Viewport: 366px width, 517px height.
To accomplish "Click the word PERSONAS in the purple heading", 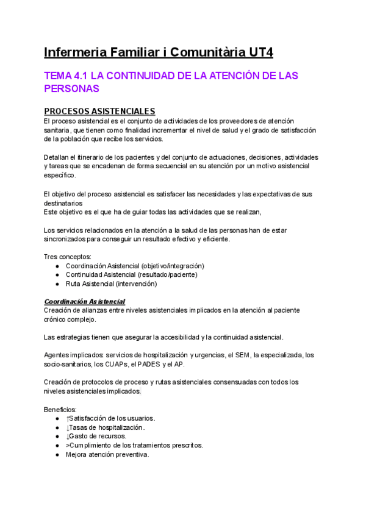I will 72,88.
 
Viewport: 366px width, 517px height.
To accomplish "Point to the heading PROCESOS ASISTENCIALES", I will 99,111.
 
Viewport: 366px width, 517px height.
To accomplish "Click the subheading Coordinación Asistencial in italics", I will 85,302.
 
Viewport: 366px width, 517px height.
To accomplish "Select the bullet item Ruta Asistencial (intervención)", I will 111,283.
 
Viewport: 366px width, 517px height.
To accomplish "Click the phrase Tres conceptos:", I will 68,257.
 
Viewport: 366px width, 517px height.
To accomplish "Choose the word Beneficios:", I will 61,409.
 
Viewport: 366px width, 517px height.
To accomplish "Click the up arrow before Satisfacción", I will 68,418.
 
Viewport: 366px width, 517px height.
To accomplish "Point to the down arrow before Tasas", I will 68,427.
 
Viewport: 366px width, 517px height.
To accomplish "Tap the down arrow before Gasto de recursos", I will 68,437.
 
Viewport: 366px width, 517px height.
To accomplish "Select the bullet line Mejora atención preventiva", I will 107,455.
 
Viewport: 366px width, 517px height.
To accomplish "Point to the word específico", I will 60,176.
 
